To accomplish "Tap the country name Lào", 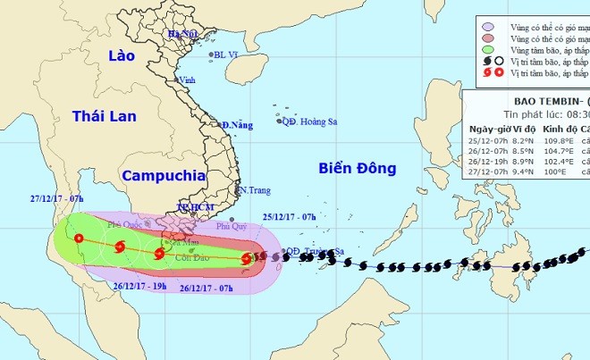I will (120, 55).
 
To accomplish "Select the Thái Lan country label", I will (103, 116).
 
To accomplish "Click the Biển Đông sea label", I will (353, 169).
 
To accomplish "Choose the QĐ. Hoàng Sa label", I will (305, 121).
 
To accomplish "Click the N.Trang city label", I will (254, 191).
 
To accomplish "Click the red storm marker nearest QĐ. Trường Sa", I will (246, 259).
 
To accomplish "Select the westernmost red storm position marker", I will (79, 239).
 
